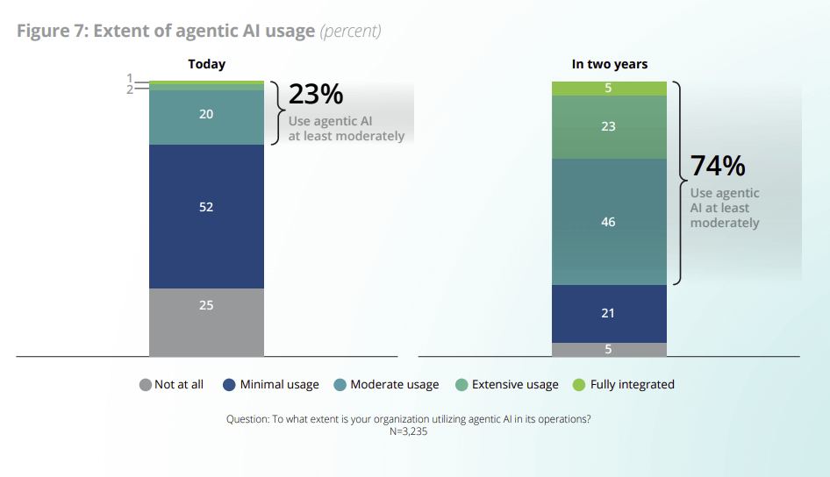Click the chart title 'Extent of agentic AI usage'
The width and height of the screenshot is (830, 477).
[204, 32]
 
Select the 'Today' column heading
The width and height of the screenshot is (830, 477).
[206, 64]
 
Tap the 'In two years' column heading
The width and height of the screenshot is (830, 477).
[609, 64]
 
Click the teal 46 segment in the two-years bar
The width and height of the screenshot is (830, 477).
[609, 222]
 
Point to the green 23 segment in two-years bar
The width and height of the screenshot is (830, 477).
[609, 126]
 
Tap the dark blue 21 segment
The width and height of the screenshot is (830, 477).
[609, 313]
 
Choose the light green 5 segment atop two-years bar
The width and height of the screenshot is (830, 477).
[609, 88]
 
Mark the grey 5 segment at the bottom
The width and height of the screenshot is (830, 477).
[609, 349]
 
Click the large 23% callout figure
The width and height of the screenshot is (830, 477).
[316, 95]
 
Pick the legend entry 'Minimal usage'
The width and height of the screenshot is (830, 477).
[271, 384]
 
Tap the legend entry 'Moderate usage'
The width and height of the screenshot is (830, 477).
[386, 384]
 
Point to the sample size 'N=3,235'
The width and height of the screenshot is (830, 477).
[408, 431]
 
